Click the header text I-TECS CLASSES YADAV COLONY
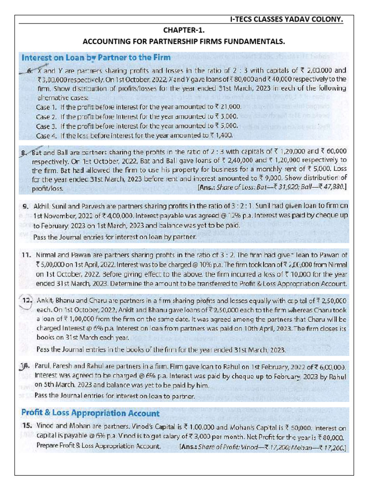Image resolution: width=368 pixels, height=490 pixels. coord(286,20)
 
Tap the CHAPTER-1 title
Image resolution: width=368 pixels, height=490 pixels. coord(184,31)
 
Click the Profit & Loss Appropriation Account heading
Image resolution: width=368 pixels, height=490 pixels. coord(91,412)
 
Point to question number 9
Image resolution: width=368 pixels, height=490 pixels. coord(26,206)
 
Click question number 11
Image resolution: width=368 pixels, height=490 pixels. coord(26,254)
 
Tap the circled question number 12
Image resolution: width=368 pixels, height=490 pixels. coord(26,300)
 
